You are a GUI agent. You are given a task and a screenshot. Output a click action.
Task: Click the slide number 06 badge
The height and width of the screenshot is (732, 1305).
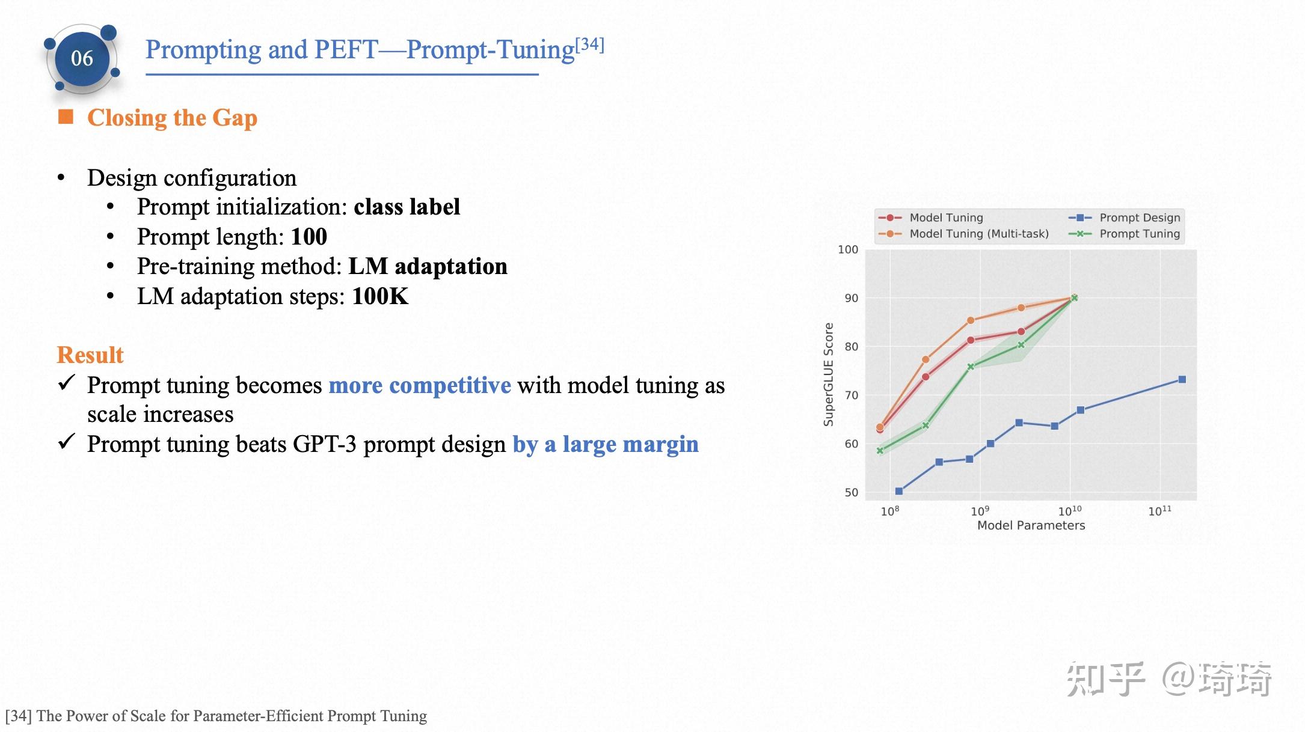click(x=82, y=58)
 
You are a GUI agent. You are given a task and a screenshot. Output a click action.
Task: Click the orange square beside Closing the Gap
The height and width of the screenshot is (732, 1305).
click(x=66, y=117)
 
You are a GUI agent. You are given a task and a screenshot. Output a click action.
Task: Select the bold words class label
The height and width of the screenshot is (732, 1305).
click(x=407, y=207)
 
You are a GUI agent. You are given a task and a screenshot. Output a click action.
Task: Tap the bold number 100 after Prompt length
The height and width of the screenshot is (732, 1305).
click(x=309, y=237)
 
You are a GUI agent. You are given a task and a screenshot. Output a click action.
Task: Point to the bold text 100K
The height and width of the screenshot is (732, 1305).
click(x=380, y=296)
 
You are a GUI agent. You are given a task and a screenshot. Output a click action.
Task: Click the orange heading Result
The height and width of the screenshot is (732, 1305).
click(x=90, y=355)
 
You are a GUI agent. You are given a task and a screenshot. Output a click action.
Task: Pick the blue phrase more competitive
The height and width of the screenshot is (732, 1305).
click(x=420, y=385)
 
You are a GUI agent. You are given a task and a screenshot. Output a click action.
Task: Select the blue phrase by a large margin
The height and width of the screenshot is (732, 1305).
click(x=605, y=444)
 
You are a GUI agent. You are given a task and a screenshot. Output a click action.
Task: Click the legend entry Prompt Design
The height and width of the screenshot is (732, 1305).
click(x=1139, y=218)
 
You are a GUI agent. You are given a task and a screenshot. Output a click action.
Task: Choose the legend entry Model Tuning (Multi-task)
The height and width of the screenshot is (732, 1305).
click(x=978, y=234)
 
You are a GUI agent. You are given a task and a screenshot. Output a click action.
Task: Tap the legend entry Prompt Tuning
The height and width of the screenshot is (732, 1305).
click(x=1139, y=234)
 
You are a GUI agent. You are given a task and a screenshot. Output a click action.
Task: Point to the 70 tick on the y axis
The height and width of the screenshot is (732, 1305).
click(x=851, y=395)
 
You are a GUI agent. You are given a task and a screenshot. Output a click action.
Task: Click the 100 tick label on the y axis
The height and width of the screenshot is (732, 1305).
click(x=848, y=249)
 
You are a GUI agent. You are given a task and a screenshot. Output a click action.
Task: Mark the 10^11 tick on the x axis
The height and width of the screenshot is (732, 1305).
click(x=1159, y=511)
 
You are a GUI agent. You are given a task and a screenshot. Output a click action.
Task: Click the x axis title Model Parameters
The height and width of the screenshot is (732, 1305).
click(x=1031, y=525)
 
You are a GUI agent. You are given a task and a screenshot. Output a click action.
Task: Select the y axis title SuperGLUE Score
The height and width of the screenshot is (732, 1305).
click(x=829, y=374)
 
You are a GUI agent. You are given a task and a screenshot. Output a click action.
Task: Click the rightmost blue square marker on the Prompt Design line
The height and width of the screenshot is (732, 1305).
click(x=1182, y=379)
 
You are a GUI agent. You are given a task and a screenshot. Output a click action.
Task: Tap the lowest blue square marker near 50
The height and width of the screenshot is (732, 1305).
click(x=899, y=491)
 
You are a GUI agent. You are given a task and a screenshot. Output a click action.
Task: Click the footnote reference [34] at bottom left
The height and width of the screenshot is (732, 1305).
click(x=18, y=716)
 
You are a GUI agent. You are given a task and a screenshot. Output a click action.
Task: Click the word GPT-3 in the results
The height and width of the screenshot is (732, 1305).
click(x=325, y=444)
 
